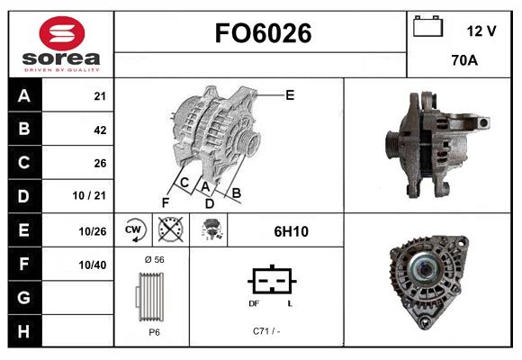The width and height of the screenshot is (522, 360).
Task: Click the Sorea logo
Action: point(61,43)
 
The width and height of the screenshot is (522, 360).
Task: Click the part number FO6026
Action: point(262,34)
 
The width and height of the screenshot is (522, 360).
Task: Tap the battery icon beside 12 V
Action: point(427,27)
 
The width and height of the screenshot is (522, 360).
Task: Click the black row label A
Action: point(23,96)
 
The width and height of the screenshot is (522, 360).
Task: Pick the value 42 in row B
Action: point(100,130)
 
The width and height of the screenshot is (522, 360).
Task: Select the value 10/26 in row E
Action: point(94,231)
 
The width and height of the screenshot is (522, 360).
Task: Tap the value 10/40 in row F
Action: point(94,265)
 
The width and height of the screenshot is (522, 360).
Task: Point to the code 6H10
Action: point(291,231)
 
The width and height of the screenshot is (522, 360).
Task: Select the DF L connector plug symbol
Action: point(270,283)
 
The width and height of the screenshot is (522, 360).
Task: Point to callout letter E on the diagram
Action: point(290,94)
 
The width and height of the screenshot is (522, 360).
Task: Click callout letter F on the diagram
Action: point(166,202)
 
